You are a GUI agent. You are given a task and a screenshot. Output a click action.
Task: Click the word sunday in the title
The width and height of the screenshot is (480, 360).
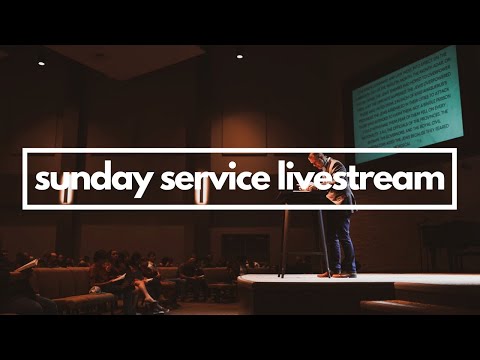click(88, 181)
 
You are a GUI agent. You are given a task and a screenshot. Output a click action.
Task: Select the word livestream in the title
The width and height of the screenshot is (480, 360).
click(361, 180)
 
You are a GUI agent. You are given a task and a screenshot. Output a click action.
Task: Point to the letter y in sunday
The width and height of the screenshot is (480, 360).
click(133, 184)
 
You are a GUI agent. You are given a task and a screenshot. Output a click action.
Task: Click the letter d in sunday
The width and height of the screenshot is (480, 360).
click(96, 179)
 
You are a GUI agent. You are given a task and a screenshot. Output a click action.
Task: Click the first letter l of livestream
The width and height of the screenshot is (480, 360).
click(282, 179)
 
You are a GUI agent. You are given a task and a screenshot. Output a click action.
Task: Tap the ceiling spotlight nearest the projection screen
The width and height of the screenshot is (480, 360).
click(239, 56)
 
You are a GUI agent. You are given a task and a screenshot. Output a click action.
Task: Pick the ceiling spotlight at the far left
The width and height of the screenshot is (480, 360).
click(41, 63)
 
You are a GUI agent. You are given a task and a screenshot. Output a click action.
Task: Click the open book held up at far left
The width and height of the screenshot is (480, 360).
click(24, 264)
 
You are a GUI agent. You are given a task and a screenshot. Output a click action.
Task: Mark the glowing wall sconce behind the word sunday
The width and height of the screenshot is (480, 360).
click(67, 196)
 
